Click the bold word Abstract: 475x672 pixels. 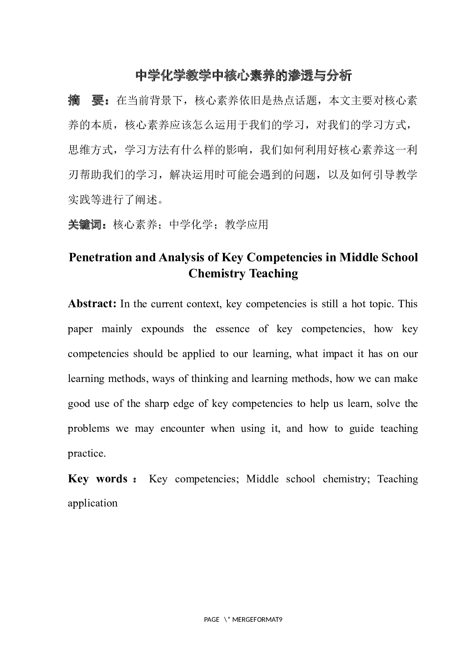pos(92,304)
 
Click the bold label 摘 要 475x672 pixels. pos(86,101)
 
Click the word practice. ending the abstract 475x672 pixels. pos(87,453)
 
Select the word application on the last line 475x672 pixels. pos(93,503)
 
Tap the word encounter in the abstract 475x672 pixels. pos(182,428)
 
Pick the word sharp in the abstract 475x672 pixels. pos(157,403)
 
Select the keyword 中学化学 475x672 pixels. pos(190,225)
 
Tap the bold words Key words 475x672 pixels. pos(97,479)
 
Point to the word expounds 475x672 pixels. pos(162,329)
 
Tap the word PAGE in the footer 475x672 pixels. pos(211,620)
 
